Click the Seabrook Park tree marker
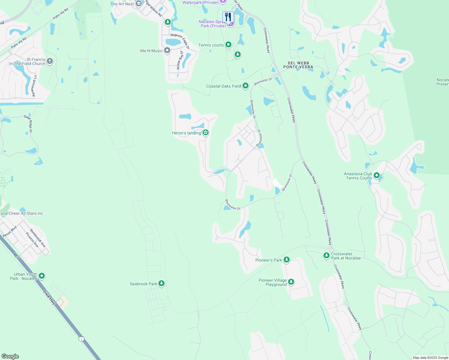161,283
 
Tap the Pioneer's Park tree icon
287,260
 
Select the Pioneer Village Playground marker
291,282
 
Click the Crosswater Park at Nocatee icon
327,256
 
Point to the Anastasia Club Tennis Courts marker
377,175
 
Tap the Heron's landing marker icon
206,133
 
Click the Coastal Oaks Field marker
246,86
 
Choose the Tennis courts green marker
228,45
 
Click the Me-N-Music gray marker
167,51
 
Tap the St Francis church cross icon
50,61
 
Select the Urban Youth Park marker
42,276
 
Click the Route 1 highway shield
81,339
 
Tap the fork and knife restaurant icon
228,17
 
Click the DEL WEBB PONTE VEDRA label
298,65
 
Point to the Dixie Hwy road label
49,297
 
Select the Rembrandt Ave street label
38,238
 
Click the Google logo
10,356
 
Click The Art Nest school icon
139,4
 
